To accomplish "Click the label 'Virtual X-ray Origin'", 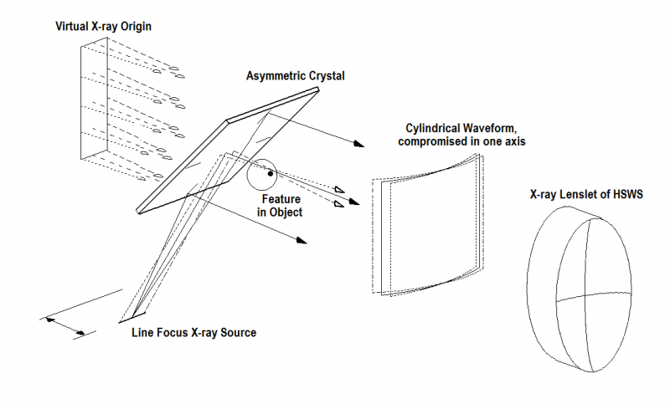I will [x=103, y=27].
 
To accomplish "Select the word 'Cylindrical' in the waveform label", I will [x=435, y=127].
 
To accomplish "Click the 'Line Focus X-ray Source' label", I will [x=193, y=332].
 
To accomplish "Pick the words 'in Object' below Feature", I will [x=281, y=212].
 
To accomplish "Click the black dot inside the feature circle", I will [x=270, y=175].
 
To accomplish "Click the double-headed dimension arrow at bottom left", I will [x=64, y=325].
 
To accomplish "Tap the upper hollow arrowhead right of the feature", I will [x=338, y=189].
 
